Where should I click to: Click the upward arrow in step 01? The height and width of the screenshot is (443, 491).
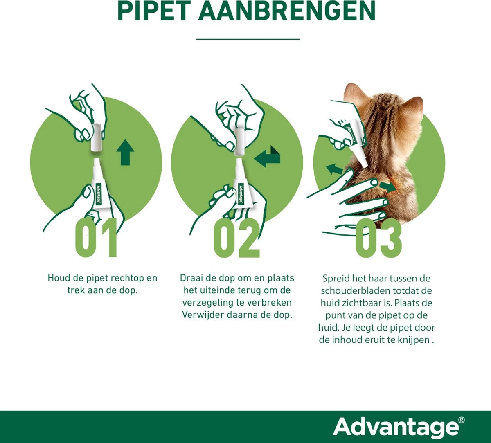(x=125, y=152)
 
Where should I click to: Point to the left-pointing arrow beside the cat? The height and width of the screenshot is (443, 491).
(x=334, y=168)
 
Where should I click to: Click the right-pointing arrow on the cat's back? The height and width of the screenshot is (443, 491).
(x=387, y=186)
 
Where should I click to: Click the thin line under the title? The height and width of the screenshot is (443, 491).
(x=248, y=39)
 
